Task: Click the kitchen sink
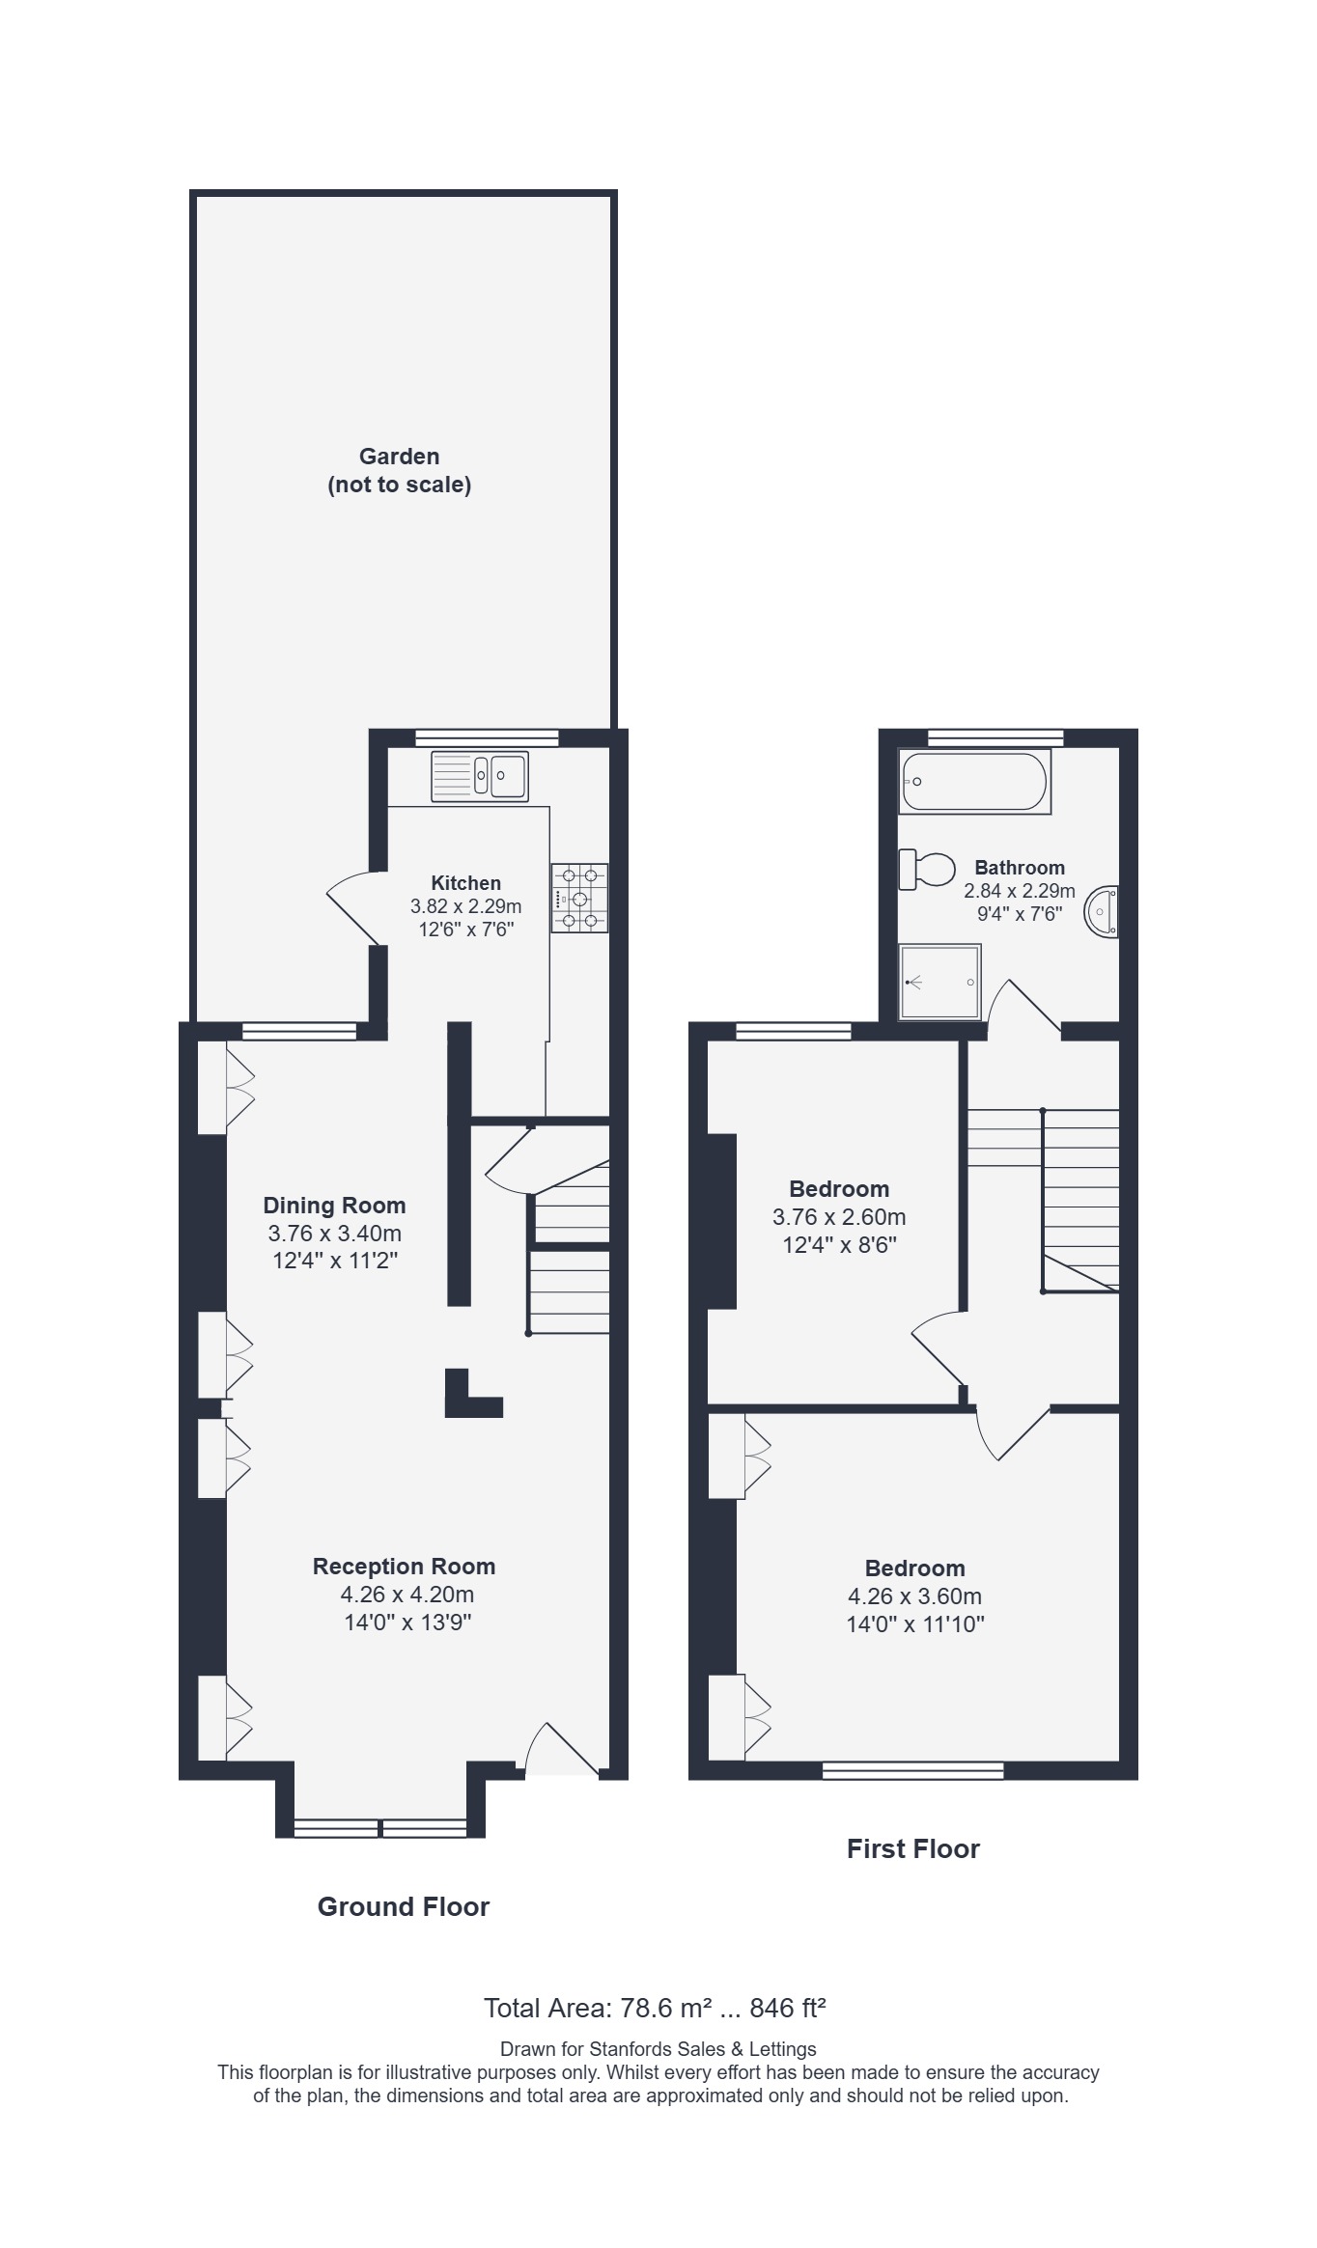[x=480, y=776]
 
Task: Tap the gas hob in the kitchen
[x=579, y=898]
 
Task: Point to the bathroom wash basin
[x=1104, y=911]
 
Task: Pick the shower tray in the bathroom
[x=939, y=982]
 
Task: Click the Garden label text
[x=400, y=470]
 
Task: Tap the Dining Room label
[x=334, y=1205]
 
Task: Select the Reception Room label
[x=404, y=1567]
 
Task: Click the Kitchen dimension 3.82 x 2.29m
[x=466, y=906]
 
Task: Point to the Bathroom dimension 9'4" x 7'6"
[x=1020, y=914]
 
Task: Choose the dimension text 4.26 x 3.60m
[x=914, y=1596]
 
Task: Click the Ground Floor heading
[x=404, y=1906]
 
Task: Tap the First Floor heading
[x=913, y=1848]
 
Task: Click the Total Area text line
[x=655, y=2009]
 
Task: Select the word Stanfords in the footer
[x=630, y=2048]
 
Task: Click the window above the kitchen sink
[x=488, y=738]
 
